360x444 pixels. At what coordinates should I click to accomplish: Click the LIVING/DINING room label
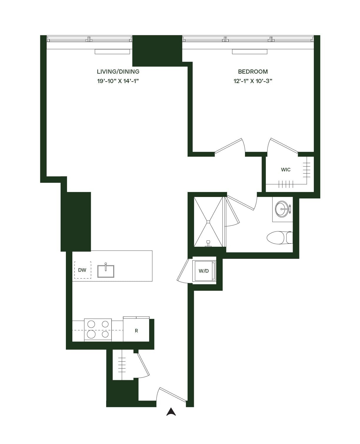click(118, 72)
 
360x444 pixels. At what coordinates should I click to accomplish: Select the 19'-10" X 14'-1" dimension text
click(118, 81)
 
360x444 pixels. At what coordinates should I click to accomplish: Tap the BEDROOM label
click(253, 72)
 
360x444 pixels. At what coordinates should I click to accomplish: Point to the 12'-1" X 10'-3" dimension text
click(253, 81)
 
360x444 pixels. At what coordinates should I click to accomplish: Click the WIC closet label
click(286, 170)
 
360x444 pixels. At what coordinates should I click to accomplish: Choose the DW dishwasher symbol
click(82, 270)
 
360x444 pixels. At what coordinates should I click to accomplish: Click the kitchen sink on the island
click(106, 271)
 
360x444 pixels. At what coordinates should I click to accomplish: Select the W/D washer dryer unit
click(204, 271)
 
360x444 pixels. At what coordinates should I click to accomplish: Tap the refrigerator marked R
click(136, 331)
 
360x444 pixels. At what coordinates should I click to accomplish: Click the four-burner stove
click(98, 330)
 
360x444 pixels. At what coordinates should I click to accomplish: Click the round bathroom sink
click(282, 209)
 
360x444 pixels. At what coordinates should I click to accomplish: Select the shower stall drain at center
click(209, 221)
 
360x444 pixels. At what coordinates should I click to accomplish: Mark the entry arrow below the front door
click(171, 412)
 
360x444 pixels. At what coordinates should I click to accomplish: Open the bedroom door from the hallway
click(229, 146)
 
